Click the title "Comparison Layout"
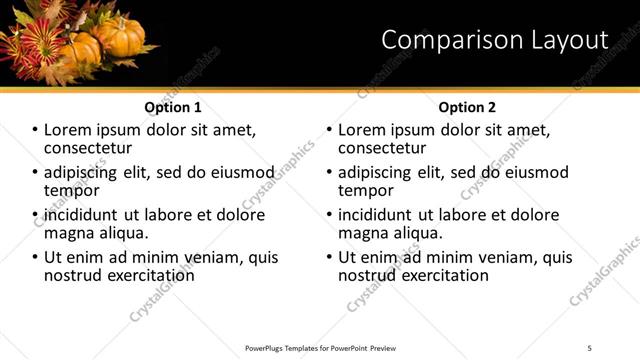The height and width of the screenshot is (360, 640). [495, 40]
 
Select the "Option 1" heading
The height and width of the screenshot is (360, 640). [173, 107]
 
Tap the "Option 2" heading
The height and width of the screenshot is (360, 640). [467, 107]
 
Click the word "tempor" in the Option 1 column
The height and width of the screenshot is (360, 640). [71, 189]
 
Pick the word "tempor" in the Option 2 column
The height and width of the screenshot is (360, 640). [366, 189]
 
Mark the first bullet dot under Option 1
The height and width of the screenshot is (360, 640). [36, 130]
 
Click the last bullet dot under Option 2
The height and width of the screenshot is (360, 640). [330, 257]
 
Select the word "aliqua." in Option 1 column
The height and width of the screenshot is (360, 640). [124, 232]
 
